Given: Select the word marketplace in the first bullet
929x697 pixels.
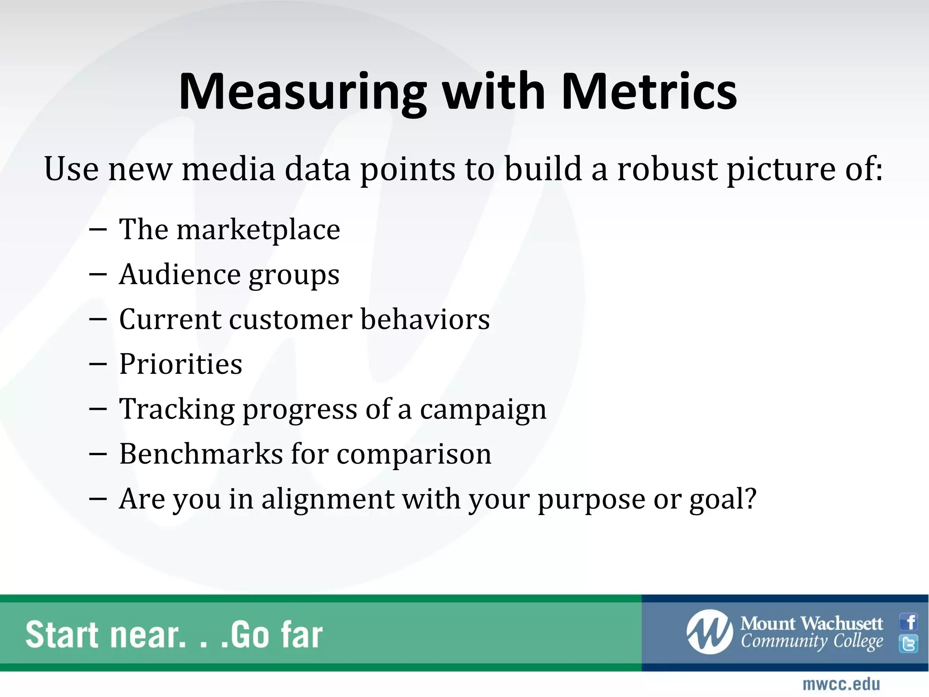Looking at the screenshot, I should pyautogui.click(x=258, y=230).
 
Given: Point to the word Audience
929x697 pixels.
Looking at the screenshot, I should pyautogui.click(x=179, y=275).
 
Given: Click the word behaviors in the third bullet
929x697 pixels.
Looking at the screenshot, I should pyautogui.click(x=425, y=319).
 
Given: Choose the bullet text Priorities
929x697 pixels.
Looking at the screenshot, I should pyautogui.click(x=181, y=364).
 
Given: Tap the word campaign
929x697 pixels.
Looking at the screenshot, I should pyautogui.click(x=483, y=410).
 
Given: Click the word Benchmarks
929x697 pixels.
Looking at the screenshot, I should pyautogui.click(x=201, y=454).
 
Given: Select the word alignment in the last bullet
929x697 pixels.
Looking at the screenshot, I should pyautogui.click(x=328, y=499).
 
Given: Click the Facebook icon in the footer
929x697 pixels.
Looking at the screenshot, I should pyautogui.click(x=909, y=622).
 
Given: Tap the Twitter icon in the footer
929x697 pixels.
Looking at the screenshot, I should pyautogui.click(x=909, y=643).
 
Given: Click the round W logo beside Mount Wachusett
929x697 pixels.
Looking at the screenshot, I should pyautogui.click(x=709, y=632).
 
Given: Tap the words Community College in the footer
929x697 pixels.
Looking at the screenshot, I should pyautogui.click(x=812, y=642).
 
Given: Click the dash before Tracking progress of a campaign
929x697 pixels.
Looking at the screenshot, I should pyautogui.click(x=98, y=409).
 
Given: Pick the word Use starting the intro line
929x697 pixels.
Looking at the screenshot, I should pyautogui.click(x=71, y=169).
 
